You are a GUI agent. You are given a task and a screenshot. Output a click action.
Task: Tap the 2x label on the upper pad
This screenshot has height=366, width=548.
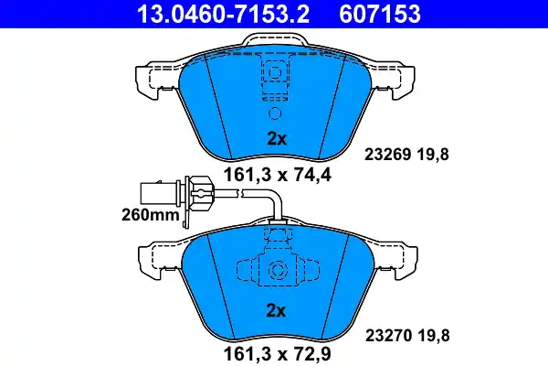click(276, 140)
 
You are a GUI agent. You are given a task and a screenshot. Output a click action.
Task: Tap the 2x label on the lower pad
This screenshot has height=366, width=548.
click(276, 311)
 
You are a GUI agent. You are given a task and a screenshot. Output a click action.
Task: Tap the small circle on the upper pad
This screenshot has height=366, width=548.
click(276, 113)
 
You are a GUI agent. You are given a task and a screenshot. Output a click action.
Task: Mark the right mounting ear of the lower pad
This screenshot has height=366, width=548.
click(398, 259)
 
